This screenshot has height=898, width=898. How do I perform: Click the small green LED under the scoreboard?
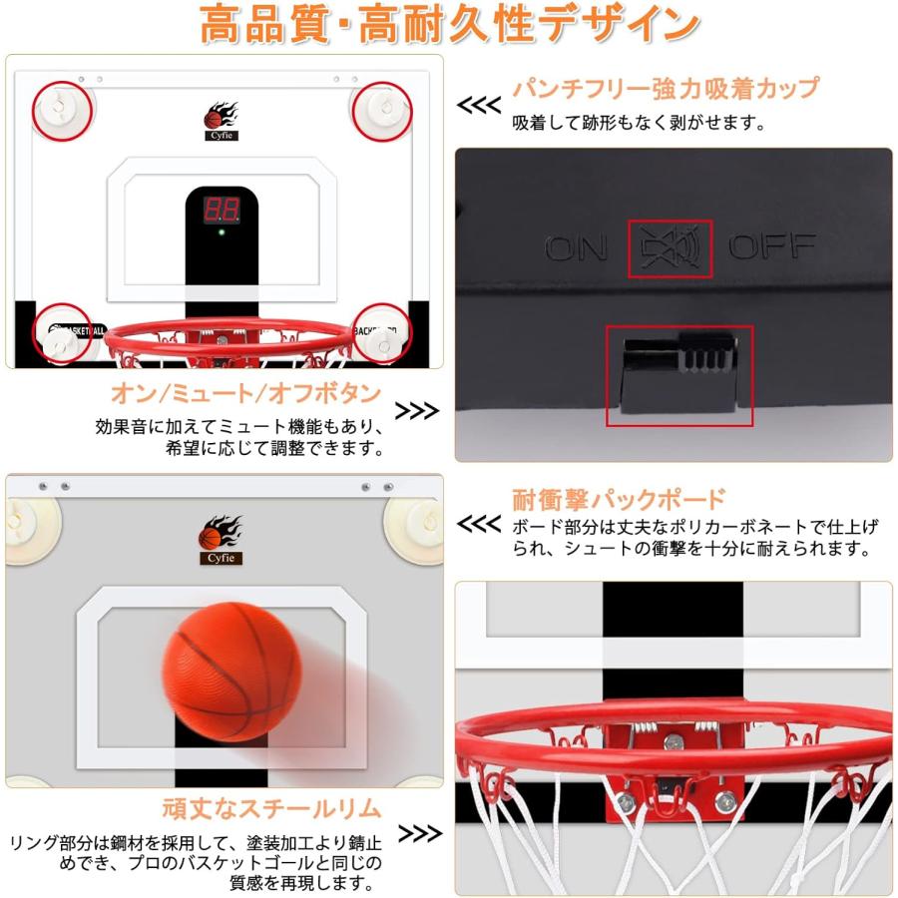click(222, 235)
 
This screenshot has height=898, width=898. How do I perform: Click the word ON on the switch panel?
click(577, 246)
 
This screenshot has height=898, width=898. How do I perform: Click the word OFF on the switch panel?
click(771, 246)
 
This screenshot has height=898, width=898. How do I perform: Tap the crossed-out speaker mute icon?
click(670, 248)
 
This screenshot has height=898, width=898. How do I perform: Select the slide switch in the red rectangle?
click(678, 374)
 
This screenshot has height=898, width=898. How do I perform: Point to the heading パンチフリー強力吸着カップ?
click(666, 89)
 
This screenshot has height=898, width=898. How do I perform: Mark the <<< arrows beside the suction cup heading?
click(478, 105)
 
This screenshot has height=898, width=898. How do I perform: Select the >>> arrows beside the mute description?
click(418, 411)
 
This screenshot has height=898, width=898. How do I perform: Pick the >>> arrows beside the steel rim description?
click(420, 833)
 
